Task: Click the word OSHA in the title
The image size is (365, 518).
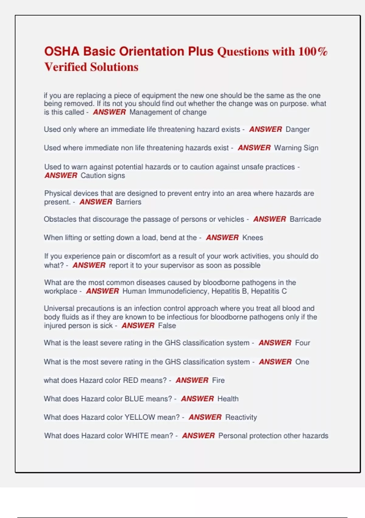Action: (62, 51)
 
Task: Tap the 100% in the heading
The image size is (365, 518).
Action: (313, 51)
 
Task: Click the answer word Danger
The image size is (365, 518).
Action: (297, 129)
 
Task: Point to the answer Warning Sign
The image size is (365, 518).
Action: (296, 148)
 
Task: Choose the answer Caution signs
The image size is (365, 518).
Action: (103, 176)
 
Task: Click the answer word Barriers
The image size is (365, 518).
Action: (128, 202)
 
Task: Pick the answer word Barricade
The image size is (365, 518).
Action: (305, 219)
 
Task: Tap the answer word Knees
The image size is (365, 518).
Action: (252, 238)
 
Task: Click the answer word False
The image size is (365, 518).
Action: (167, 326)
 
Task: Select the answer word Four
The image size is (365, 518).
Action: (302, 343)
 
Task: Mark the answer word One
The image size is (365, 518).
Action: (302, 362)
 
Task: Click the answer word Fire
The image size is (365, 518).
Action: (218, 380)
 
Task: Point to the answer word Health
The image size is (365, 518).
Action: (228, 399)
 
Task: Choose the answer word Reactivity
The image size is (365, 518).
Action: (241, 417)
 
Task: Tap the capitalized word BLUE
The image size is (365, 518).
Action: (134, 399)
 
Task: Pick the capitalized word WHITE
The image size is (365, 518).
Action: (137, 436)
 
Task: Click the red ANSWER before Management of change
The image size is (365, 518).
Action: (109, 112)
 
